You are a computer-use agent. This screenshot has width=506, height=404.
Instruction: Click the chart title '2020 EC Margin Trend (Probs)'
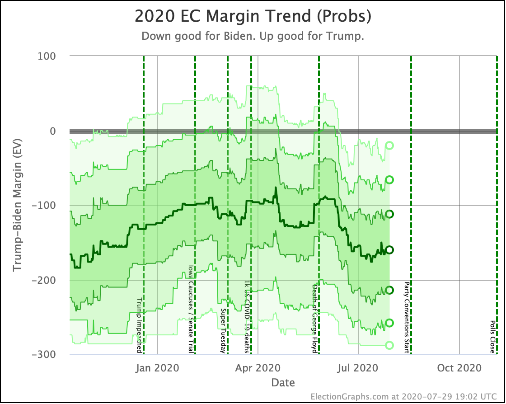pos(253,17)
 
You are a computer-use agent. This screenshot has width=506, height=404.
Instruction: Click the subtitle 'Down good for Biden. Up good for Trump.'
pos(253,37)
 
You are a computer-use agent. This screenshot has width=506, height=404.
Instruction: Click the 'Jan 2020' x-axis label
pos(158,368)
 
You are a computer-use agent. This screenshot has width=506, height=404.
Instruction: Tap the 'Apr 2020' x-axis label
pos(258,368)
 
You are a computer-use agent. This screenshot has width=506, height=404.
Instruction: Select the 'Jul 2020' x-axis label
pos(358,368)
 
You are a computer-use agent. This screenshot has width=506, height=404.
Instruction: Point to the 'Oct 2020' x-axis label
pos(459,368)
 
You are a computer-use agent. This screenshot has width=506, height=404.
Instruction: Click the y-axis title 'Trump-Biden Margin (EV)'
pos(18,206)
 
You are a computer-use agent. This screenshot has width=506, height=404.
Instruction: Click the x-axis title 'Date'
pos(283,383)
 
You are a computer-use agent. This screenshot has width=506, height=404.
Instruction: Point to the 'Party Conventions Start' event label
pos(407,317)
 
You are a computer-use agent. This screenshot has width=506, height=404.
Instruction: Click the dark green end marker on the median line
pos(389,250)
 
